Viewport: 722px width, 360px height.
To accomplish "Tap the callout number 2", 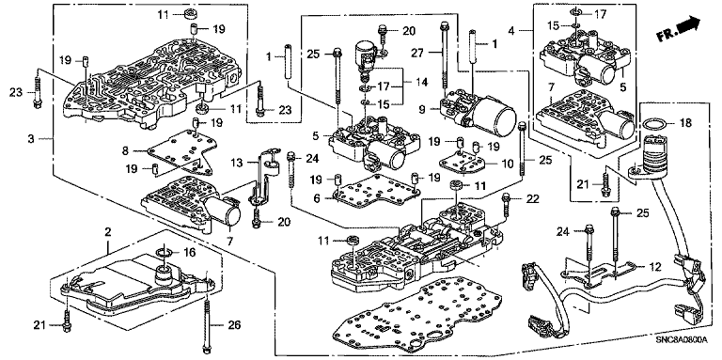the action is [x=107, y=232].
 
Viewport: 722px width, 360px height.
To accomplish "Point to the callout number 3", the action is [x=31, y=138].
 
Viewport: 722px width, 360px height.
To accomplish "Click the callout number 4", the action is [x=511, y=32].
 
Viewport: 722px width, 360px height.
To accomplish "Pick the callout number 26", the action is [x=234, y=326].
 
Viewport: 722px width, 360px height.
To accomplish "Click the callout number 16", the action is [x=189, y=252].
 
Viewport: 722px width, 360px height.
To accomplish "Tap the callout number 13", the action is [x=237, y=163].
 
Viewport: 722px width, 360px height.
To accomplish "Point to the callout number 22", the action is [x=533, y=198].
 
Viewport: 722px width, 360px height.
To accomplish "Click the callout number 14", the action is [x=422, y=83].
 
